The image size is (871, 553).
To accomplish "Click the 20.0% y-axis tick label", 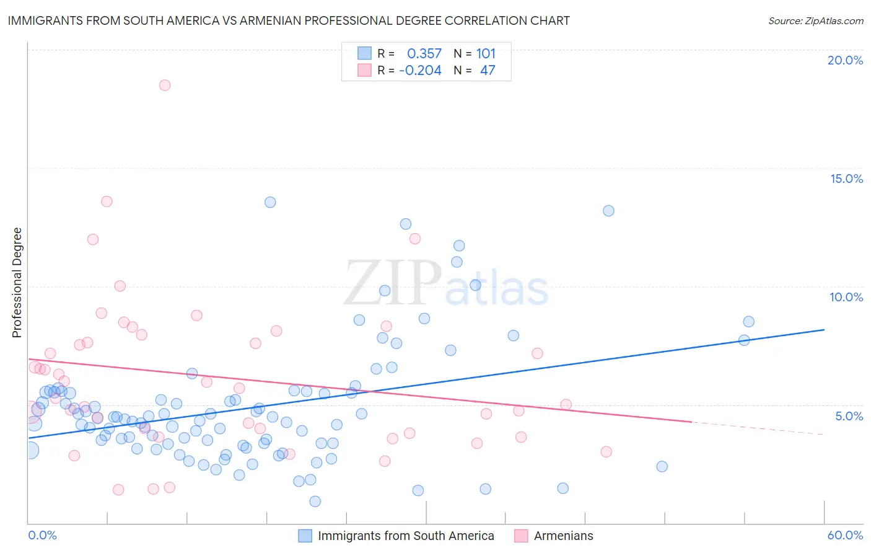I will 845,60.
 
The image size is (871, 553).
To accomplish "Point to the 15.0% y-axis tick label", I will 846,179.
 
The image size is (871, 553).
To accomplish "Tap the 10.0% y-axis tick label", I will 846,297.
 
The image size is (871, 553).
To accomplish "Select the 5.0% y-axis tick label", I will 849,416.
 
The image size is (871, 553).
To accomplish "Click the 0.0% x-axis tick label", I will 42,535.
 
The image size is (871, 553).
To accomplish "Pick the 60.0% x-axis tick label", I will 845,535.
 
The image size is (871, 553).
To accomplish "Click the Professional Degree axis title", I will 17,283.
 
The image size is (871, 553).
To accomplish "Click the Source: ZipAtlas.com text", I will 815,20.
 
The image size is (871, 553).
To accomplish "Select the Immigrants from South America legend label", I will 406,536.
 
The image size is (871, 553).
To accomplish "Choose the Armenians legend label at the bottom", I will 563,536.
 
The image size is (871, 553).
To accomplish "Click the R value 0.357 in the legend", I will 424,54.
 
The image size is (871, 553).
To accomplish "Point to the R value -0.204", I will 420,71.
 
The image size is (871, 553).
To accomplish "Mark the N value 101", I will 486,54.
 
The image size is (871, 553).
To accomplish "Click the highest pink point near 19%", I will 165,85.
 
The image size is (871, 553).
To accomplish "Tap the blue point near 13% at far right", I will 608,211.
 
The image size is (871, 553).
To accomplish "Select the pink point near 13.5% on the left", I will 107,201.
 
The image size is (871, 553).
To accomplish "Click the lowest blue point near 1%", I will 315,501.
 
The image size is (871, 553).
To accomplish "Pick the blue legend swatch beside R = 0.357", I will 364,54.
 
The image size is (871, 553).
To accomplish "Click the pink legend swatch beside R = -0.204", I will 364,71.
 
